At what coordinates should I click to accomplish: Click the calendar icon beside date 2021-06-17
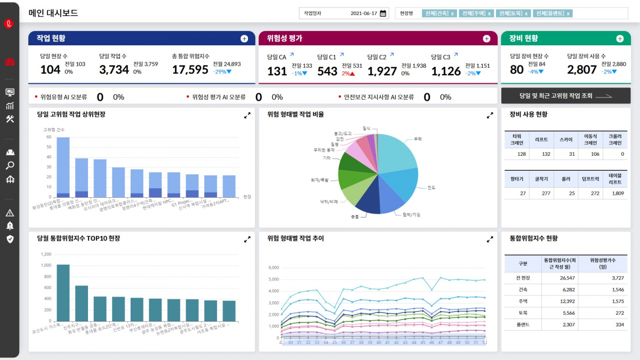(383, 13)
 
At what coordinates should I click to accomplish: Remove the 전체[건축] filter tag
(453, 13)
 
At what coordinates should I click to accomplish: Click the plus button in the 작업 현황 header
(244, 38)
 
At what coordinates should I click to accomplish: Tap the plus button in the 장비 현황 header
(620, 38)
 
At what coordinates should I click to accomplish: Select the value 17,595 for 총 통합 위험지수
(190, 70)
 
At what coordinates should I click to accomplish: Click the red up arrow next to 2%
(352, 74)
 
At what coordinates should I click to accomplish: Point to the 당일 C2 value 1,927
(382, 71)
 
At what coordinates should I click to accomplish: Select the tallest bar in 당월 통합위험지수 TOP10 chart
(63, 293)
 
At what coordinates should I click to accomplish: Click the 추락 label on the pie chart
(417, 139)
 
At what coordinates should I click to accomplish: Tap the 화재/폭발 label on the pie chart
(320, 180)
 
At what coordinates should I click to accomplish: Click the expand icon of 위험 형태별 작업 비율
(490, 115)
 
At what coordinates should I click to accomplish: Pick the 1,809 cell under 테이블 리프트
(618, 193)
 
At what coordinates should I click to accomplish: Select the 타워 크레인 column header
(517, 139)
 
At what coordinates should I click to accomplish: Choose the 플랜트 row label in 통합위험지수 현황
(523, 324)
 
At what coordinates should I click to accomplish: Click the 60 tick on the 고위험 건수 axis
(49, 137)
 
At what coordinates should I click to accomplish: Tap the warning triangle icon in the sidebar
(10, 213)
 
